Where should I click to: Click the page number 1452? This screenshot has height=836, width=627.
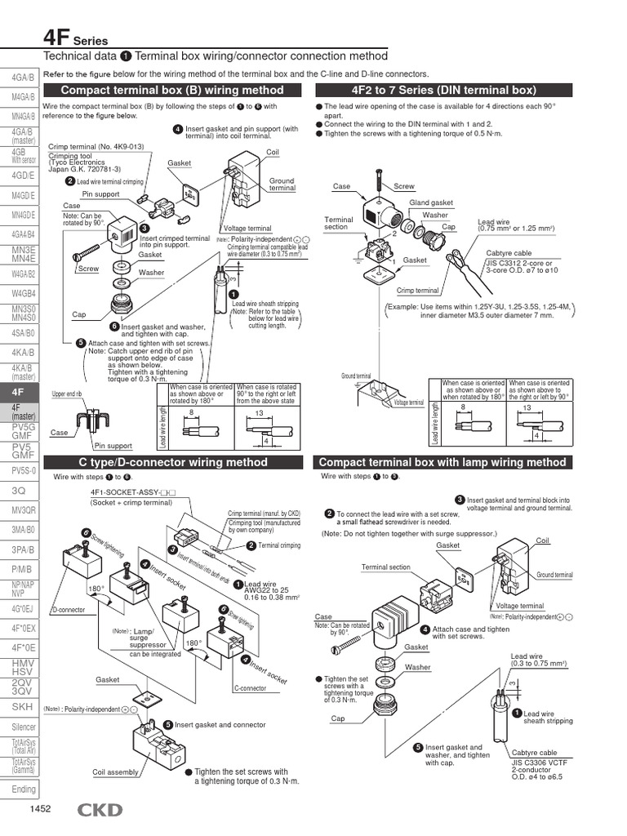[41, 810]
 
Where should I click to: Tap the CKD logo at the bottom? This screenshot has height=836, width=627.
[100, 810]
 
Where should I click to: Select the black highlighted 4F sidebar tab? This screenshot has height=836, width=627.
[18, 391]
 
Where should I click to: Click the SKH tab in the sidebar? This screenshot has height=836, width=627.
[22, 706]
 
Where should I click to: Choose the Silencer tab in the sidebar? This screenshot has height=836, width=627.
[23, 727]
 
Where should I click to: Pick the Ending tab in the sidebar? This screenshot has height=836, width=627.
[23, 789]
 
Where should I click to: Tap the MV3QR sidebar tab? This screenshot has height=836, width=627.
[23, 509]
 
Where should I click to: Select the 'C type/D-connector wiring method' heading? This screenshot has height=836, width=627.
[172, 462]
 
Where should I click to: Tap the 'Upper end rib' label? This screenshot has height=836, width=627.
[67, 394]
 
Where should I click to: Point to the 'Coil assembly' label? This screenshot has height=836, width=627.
[115, 771]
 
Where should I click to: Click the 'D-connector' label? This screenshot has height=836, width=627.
[69, 610]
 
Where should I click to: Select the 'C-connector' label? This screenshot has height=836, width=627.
[251, 688]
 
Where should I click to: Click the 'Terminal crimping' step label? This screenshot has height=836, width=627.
[279, 546]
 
